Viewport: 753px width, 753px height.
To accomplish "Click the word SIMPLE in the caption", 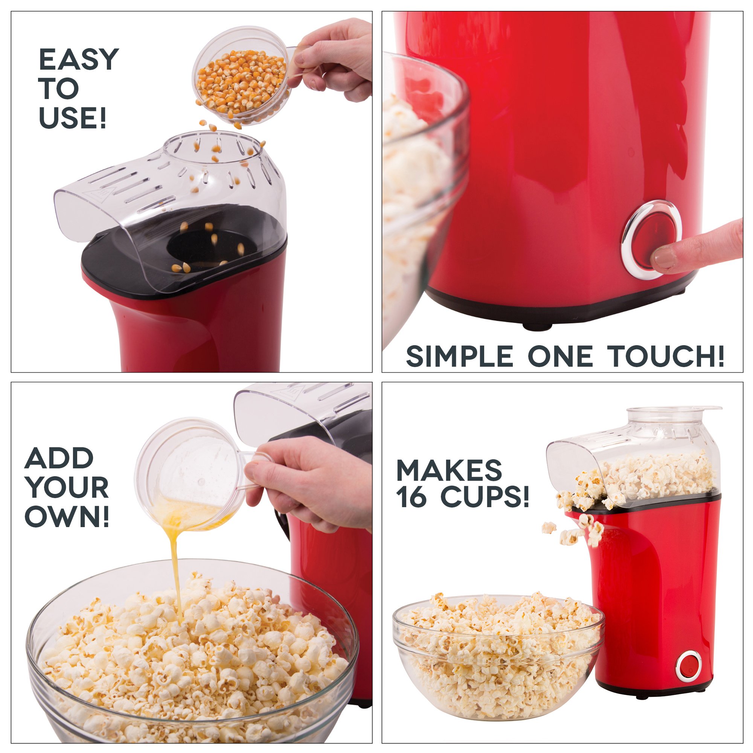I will click(x=459, y=356).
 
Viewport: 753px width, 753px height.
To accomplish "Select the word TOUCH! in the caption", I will click(x=668, y=356).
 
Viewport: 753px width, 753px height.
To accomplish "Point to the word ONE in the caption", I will click(x=560, y=356).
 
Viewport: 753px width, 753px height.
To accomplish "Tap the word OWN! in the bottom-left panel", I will click(x=67, y=517).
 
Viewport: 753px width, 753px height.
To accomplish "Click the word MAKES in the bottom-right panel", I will click(x=449, y=470).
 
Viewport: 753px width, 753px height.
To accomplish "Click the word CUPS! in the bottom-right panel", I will click(x=485, y=497).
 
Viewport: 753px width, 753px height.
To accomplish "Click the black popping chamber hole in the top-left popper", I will click(x=199, y=246).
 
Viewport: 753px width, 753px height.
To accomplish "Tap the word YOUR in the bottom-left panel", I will click(x=67, y=488).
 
